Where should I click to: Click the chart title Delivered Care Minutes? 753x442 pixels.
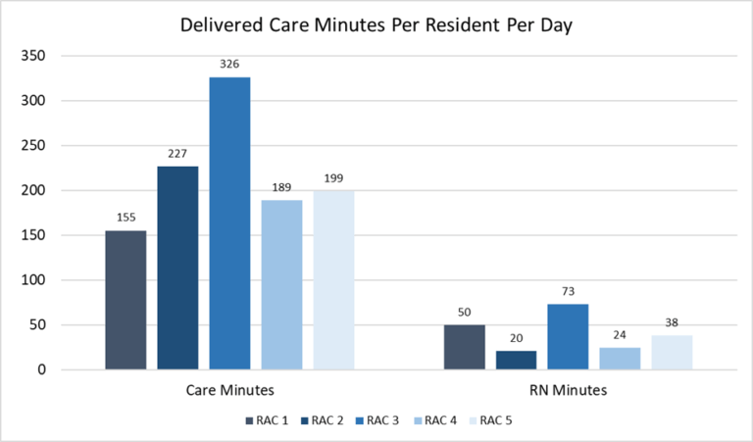tap(376, 25)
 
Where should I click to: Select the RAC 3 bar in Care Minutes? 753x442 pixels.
tap(229, 223)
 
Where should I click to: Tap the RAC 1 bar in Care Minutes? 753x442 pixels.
tap(125, 300)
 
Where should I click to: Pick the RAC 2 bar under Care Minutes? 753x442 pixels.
tap(177, 268)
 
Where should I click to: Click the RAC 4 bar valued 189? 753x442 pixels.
tap(281, 284)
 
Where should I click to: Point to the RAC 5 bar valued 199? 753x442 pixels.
tap(333, 280)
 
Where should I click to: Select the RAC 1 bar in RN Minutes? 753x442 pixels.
tap(464, 347)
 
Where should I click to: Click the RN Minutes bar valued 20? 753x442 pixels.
tap(516, 361)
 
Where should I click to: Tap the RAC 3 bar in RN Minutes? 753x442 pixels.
tap(568, 337)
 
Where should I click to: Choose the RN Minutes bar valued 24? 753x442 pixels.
tap(620, 359)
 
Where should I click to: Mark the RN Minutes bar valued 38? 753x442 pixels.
tap(672, 353)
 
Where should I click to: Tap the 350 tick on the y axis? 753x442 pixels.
tap(32, 56)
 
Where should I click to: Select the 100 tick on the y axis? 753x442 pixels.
tap(32, 280)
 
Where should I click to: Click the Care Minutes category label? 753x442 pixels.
tap(229, 390)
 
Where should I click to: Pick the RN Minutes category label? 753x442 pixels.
tap(568, 390)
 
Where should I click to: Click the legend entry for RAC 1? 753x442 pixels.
tap(268, 420)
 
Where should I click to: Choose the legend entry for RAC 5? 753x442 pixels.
tap(487, 420)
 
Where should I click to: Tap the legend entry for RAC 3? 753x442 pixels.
tap(377, 420)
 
